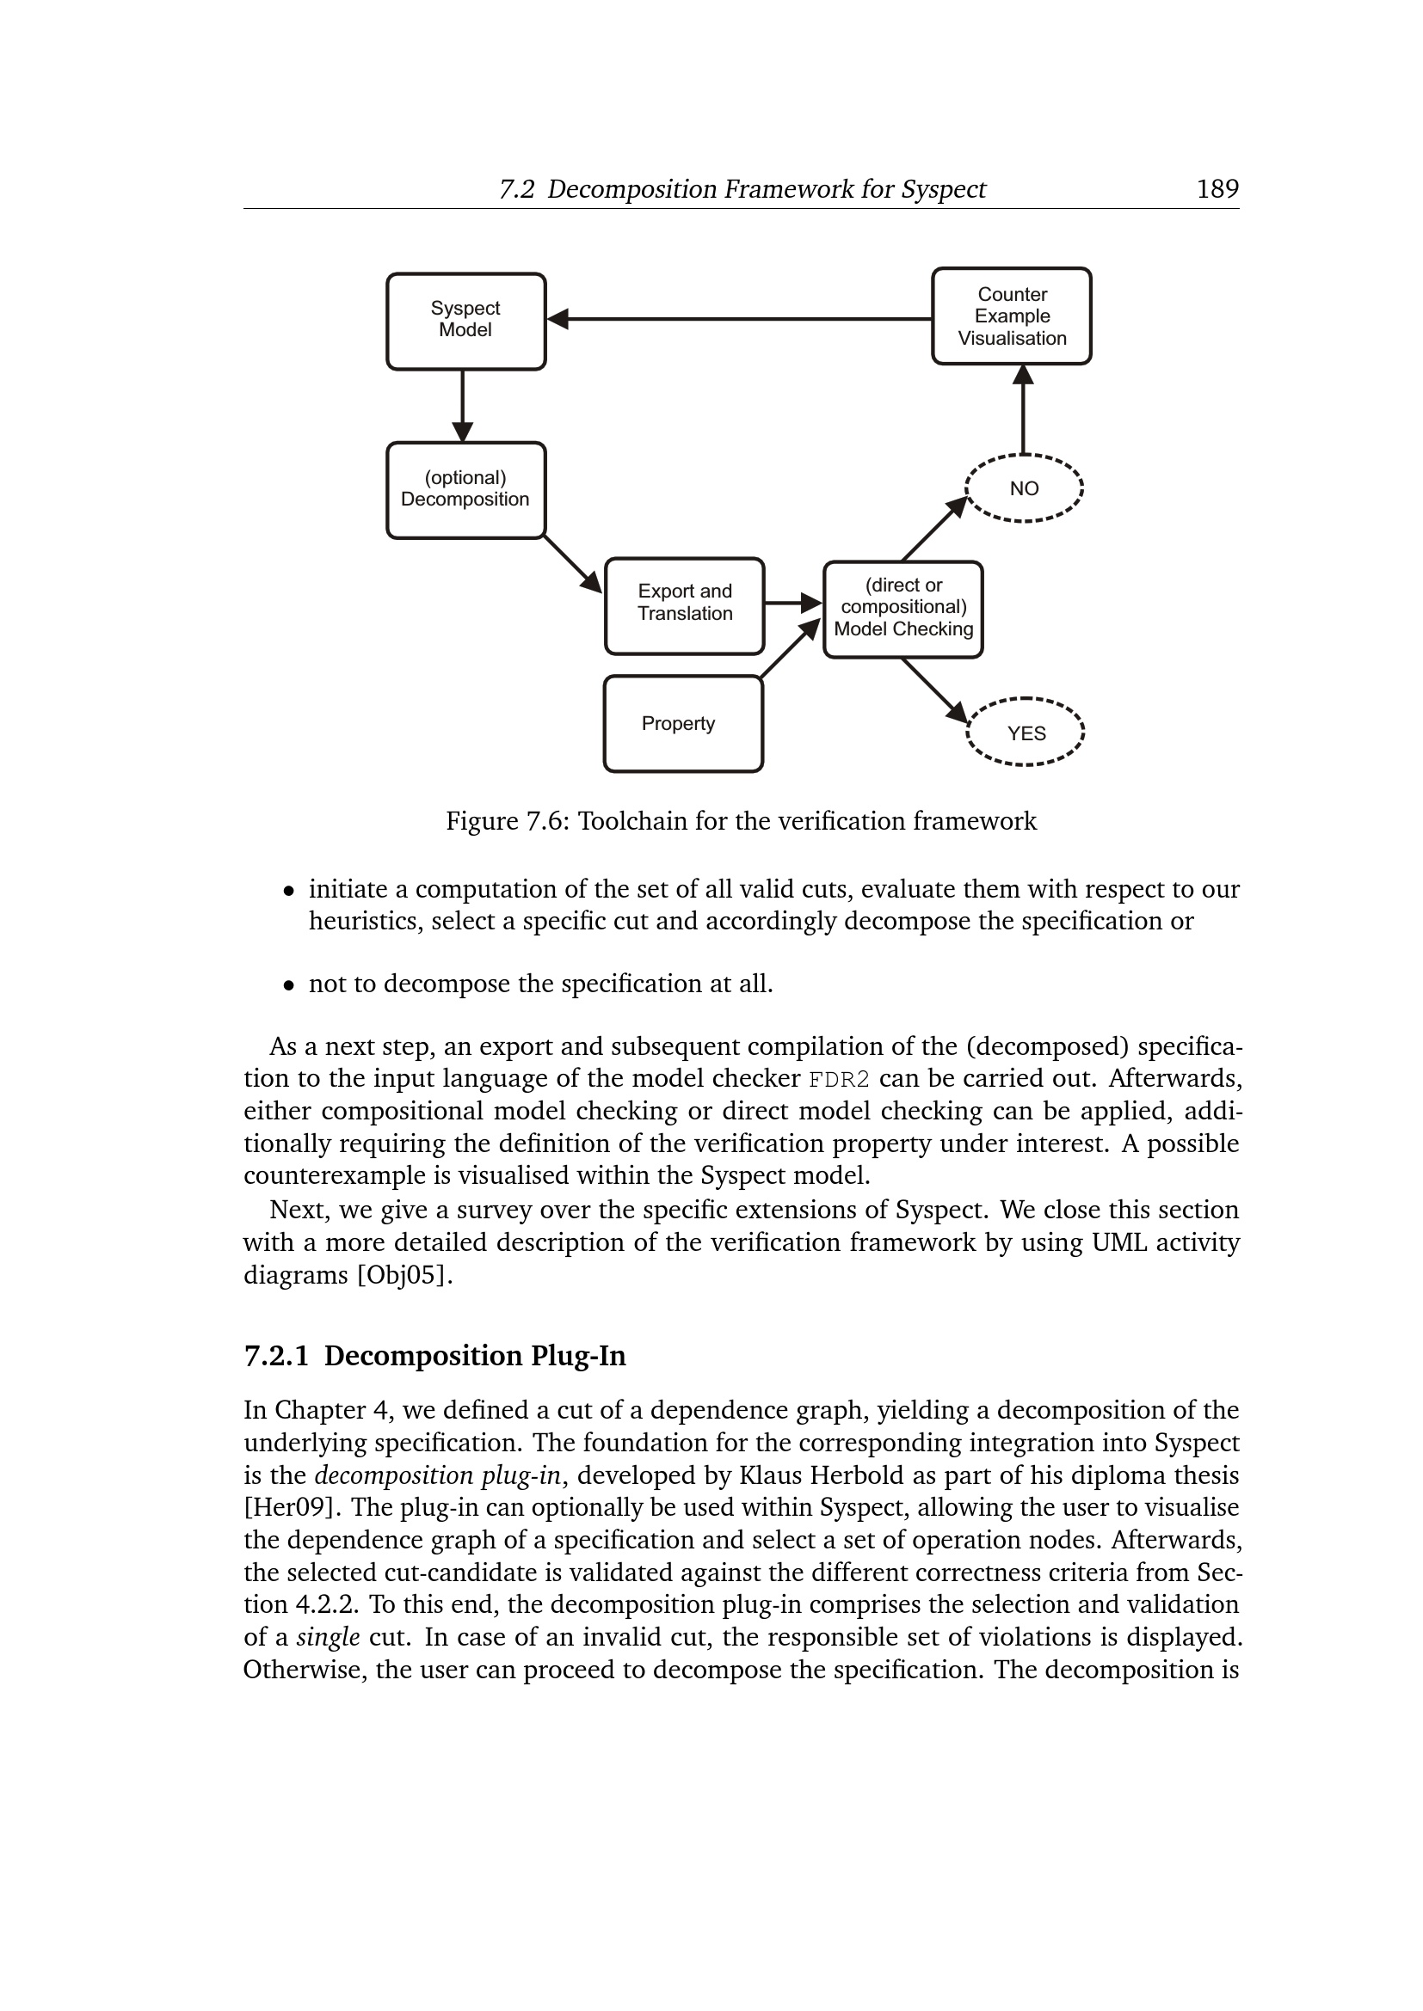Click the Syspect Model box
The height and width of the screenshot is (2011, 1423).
(465, 321)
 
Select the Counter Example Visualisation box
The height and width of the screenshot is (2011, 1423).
(1011, 316)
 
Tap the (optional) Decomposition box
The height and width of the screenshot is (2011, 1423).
(465, 489)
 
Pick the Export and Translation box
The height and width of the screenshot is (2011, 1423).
(684, 605)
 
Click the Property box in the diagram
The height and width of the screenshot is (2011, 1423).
(682, 723)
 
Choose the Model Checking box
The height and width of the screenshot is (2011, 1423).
(902, 609)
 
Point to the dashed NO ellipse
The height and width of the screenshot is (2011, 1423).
(1024, 487)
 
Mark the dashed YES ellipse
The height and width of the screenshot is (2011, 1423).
(1026, 733)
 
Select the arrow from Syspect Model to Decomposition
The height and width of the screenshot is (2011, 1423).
(463, 406)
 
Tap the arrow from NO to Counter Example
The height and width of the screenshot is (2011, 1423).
(1023, 409)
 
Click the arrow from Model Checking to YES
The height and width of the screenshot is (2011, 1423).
(934, 690)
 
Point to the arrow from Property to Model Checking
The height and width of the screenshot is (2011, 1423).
(791, 648)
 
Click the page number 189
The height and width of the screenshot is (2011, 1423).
(1217, 189)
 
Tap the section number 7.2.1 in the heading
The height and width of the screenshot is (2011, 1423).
(276, 1356)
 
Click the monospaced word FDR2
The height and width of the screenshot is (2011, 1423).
(839, 1079)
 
